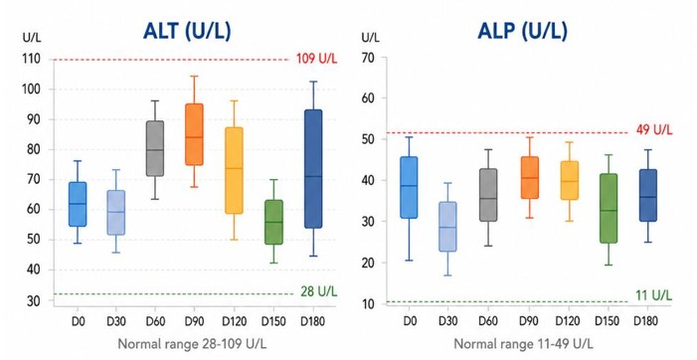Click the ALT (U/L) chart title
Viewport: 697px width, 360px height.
click(187, 31)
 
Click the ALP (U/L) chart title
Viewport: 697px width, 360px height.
click(523, 31)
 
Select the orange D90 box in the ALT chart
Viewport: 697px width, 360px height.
click(194, 134)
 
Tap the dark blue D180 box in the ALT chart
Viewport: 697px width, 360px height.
click(313, 169)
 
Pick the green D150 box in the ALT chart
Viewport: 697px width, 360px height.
click(273, 222)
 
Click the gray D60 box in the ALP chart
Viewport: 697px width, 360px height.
click(488, 195)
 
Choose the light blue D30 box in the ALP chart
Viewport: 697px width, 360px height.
click(447, 227)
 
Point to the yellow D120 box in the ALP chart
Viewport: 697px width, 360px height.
click(570, 180)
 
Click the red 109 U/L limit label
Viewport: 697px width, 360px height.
click(316, 59)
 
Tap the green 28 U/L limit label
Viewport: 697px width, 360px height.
click(319, 291)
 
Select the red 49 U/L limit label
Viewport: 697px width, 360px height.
click(654, 130)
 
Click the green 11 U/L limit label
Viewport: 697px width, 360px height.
click(653, 295)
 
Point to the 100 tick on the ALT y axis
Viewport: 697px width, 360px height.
click(31, 90)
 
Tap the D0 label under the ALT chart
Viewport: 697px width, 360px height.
click(78, 321)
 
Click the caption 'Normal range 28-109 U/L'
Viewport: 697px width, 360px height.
click(192, 344)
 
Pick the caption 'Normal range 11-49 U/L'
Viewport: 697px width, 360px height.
click(523, 344)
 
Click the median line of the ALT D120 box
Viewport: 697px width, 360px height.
click(234, 168)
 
